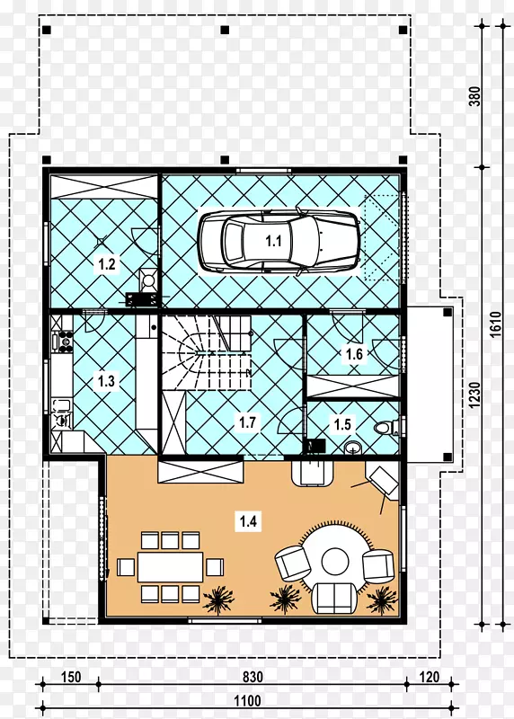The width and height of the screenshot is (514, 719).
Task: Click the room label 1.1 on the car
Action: [x=274, y=241]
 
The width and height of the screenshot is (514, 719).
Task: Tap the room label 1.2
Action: [x=106, y=264]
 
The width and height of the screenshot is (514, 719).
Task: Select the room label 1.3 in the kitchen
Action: [x=106, y=380]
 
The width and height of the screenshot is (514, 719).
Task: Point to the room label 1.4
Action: [x=248, y=521]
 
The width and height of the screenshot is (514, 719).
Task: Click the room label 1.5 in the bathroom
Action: [x=342, y=424]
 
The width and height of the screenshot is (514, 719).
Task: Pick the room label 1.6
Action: [x=354, y=354]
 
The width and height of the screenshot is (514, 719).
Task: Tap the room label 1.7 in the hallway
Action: [x=247, y=422]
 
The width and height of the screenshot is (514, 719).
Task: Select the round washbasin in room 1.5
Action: [x=352, y=447]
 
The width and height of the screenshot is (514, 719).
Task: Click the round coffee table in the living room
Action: [x=336, y=560]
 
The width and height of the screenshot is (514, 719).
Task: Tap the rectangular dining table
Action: [x=170, y=567]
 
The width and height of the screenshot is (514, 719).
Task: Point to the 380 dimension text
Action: [x=475, y=96]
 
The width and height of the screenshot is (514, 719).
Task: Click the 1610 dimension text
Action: [x=496, y=324]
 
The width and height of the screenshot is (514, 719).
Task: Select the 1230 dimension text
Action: [x=475, y=395]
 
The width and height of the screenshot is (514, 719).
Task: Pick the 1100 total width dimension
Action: [x=248, y=701]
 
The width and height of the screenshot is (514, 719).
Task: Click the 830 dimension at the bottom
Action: [x=253, y=678]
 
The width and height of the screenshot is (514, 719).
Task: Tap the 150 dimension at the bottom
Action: [x=71, y=677]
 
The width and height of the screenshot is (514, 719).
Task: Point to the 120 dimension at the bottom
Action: [x=430, y=677]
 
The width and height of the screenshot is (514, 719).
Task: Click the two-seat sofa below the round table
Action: [x=334, y=598]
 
